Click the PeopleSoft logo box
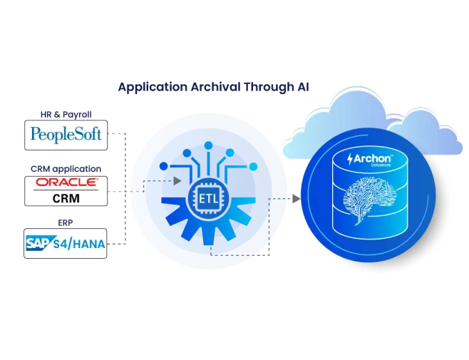(x=66, y=135)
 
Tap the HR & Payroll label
(x=66, y=114)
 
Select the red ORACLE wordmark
(x=67, y=182)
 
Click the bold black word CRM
(x=66, y=198)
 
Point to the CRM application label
(x=66, y=169)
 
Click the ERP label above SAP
(x=65, y=222)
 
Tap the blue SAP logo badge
(x=40, y=243)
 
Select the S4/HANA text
(x=79, y=245)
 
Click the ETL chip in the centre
(x=208, y=198)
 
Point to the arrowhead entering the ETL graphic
(x=177, y=181)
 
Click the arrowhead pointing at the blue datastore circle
(x=296, y=198)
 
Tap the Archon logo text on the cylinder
(x=373, y=158)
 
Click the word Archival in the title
(x=215, y=87)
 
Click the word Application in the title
(x=153, y=88)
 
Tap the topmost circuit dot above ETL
(x=208, y=145)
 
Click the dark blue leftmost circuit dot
(x=164, y=166)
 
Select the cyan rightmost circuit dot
(x=253, y=166)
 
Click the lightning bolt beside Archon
(x=350, y=159)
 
